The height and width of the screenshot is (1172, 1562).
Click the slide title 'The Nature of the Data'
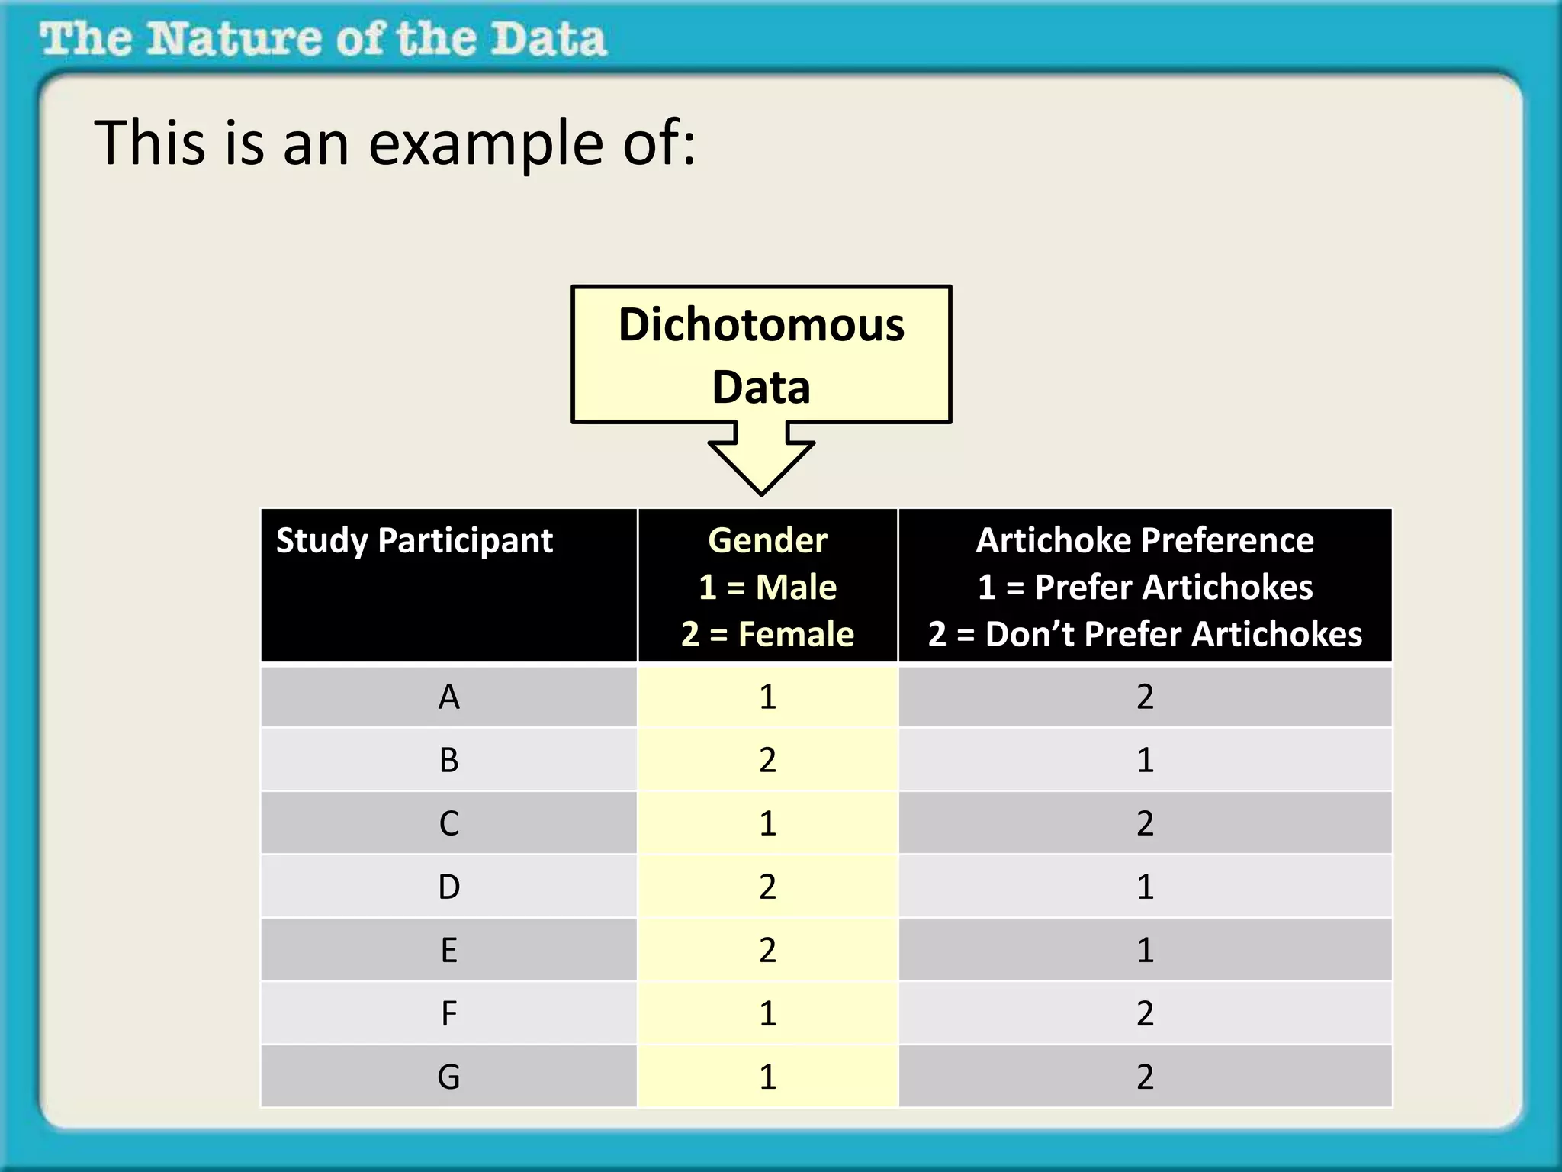[x=323, y=40]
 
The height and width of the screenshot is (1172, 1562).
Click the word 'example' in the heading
[x=487, y=143]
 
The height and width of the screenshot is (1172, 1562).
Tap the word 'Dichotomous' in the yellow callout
[x=761, y=325]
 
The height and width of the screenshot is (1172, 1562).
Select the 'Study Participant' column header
[x=414, y=541]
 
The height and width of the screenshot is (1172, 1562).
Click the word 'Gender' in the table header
[x=767, y=541]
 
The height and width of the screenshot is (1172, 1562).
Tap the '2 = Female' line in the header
[x=767, y=634]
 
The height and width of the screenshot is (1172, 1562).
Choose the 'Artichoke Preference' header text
[x=1145, y=541]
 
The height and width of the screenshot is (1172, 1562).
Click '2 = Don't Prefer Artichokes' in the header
[x=1145, y=634]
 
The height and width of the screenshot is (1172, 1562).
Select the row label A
[x=449, y=697]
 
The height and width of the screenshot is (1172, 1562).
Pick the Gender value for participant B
[x=767, y=760]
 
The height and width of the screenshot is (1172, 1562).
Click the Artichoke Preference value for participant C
[x=1145, y=823]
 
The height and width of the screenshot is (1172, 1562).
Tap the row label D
[x=449, y=887]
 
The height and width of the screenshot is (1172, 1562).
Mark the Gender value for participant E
[x=767, y=950]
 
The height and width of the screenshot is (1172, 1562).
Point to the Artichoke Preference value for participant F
[x=1145, y=1013]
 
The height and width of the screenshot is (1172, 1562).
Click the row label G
[x=449, y=1077]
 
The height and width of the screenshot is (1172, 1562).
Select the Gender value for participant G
[x=767, y=1077]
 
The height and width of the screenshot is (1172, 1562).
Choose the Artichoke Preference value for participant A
[x=1145, y=697]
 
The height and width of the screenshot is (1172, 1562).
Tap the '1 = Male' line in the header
[x=767, y=588]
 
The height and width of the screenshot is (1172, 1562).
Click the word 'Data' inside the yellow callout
[x=761, y=388]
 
